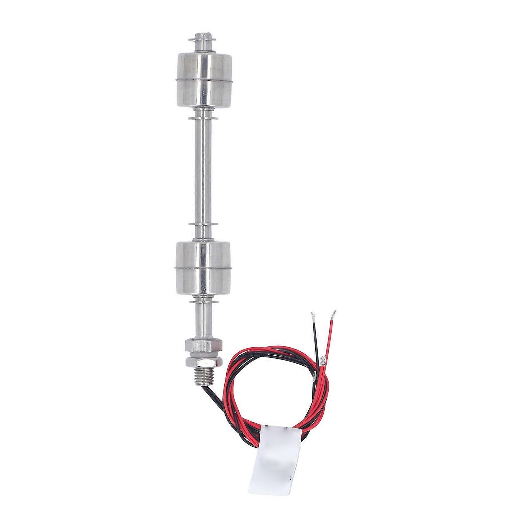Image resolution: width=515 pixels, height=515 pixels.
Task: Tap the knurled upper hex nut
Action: coord(204,345)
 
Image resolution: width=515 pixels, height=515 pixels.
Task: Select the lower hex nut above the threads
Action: coord(204,362)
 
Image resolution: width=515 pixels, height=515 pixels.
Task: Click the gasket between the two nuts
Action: coord(204,354)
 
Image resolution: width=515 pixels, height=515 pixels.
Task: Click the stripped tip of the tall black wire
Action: coord(313,315)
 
